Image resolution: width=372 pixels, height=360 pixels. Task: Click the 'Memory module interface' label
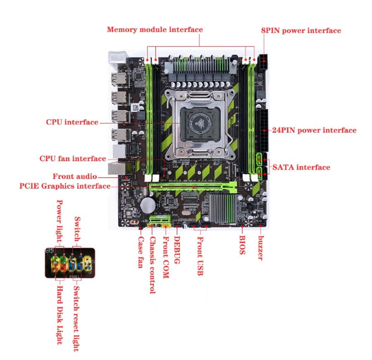tap(155, 30)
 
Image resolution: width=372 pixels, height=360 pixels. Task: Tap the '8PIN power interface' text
tap(301, 31)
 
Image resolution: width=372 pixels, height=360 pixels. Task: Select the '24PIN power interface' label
tap(314, 130)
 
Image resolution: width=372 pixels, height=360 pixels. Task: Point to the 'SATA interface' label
tap(301, 167)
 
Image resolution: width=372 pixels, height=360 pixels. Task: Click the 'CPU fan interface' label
tap(73, 159)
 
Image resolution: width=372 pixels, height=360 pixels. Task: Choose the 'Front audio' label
tap(75, 176)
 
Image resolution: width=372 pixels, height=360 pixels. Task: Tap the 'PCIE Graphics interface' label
tap(65, 186)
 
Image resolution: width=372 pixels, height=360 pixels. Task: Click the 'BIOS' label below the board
tap(242, 245)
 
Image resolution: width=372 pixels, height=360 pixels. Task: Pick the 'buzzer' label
tap(261, 248)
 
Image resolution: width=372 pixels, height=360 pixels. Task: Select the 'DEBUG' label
tap(177, 250)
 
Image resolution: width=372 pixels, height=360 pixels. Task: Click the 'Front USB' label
tap(200, 256)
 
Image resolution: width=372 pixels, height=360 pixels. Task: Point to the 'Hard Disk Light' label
tap(60, 315)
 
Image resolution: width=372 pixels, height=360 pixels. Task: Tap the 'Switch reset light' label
tap(76, 319)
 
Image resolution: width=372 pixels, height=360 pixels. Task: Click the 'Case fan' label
tap(141, 252)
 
